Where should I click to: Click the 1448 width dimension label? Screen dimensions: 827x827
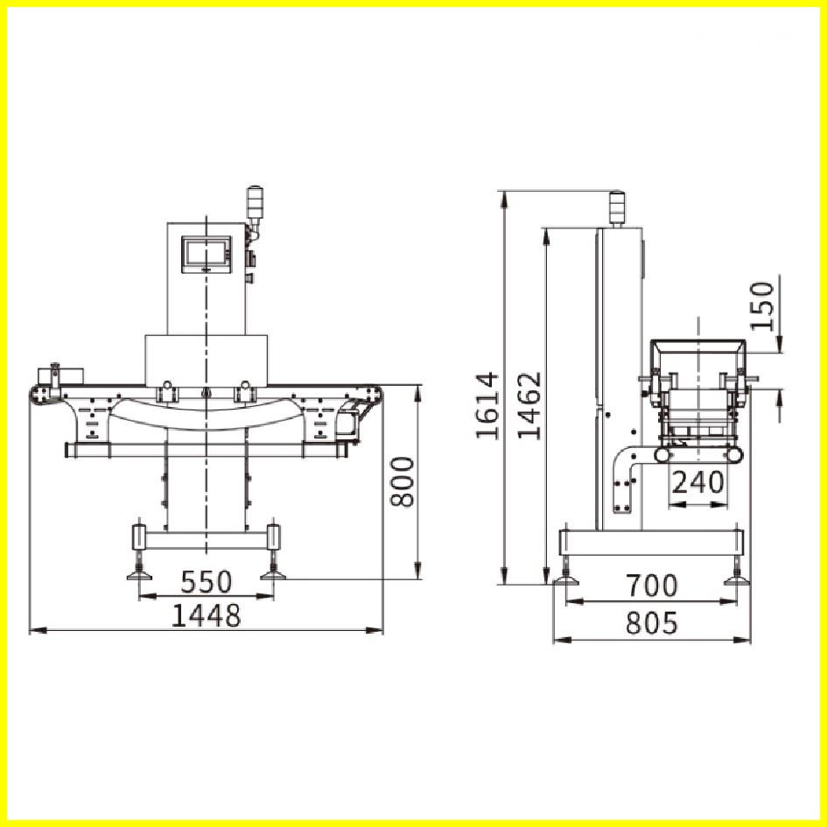click(207, 615)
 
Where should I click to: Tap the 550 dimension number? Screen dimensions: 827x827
click(207, 582)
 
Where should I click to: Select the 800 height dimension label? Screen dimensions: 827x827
click(403, 482)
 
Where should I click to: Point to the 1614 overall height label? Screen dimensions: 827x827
click(487, 405)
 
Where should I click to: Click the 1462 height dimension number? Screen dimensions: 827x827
click(529, 405)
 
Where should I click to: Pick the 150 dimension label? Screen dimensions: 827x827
click(762, 306)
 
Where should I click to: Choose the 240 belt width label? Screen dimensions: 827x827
click(697, 481)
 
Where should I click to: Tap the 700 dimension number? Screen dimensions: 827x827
click(652, 585)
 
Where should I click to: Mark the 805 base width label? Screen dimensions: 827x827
click(652, 623)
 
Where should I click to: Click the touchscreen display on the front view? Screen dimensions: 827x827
click(207, 255)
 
